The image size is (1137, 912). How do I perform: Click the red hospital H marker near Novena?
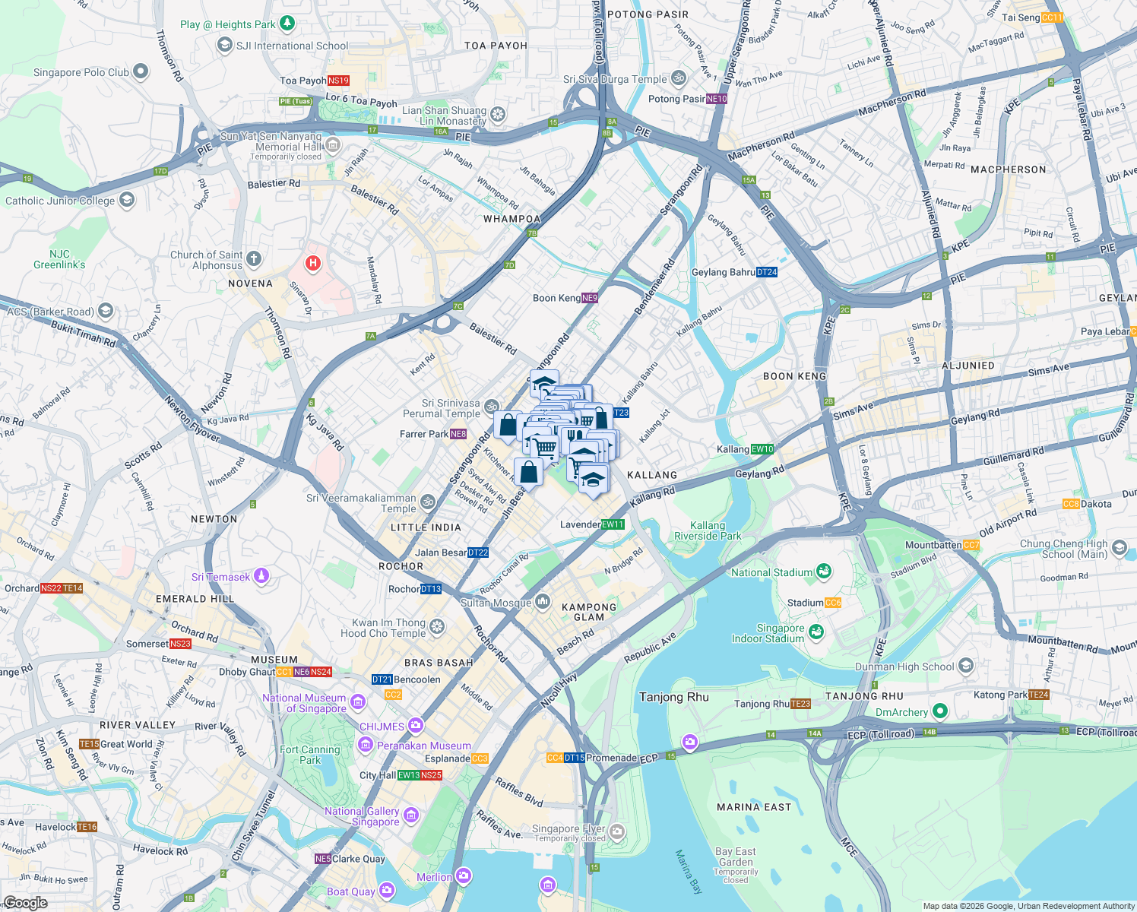click(312, 264)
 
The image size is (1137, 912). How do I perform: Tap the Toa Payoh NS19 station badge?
click(338, 81)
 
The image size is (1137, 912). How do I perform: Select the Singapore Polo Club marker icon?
click(141, 71)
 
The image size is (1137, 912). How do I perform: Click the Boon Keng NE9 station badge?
click(590, 298)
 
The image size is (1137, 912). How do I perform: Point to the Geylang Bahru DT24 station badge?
click(767, 272)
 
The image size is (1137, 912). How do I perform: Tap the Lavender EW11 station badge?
click(613, 524)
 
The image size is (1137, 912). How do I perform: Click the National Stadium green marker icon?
click(823, 571)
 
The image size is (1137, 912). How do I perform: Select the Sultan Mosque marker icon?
click(543, 602)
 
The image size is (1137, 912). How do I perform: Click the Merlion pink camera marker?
click(464, 876)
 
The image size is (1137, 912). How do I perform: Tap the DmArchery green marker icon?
click(940, 711)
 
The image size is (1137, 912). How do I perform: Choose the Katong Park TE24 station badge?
click(1039, 695)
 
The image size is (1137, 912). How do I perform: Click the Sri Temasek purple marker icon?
click(261, 576)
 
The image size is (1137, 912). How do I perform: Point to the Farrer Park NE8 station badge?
click(458, 434)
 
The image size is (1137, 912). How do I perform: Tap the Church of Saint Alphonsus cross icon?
click(254, 259)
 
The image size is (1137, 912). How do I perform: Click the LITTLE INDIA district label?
click(426, 527)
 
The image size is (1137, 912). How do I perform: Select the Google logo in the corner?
click(26, 903)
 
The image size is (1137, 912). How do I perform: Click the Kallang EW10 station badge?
click(762, 449)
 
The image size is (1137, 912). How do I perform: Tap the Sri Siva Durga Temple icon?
click(679, 78)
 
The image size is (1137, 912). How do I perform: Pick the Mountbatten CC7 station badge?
click(971, 545)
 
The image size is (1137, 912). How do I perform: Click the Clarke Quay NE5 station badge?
click(323, 859)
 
